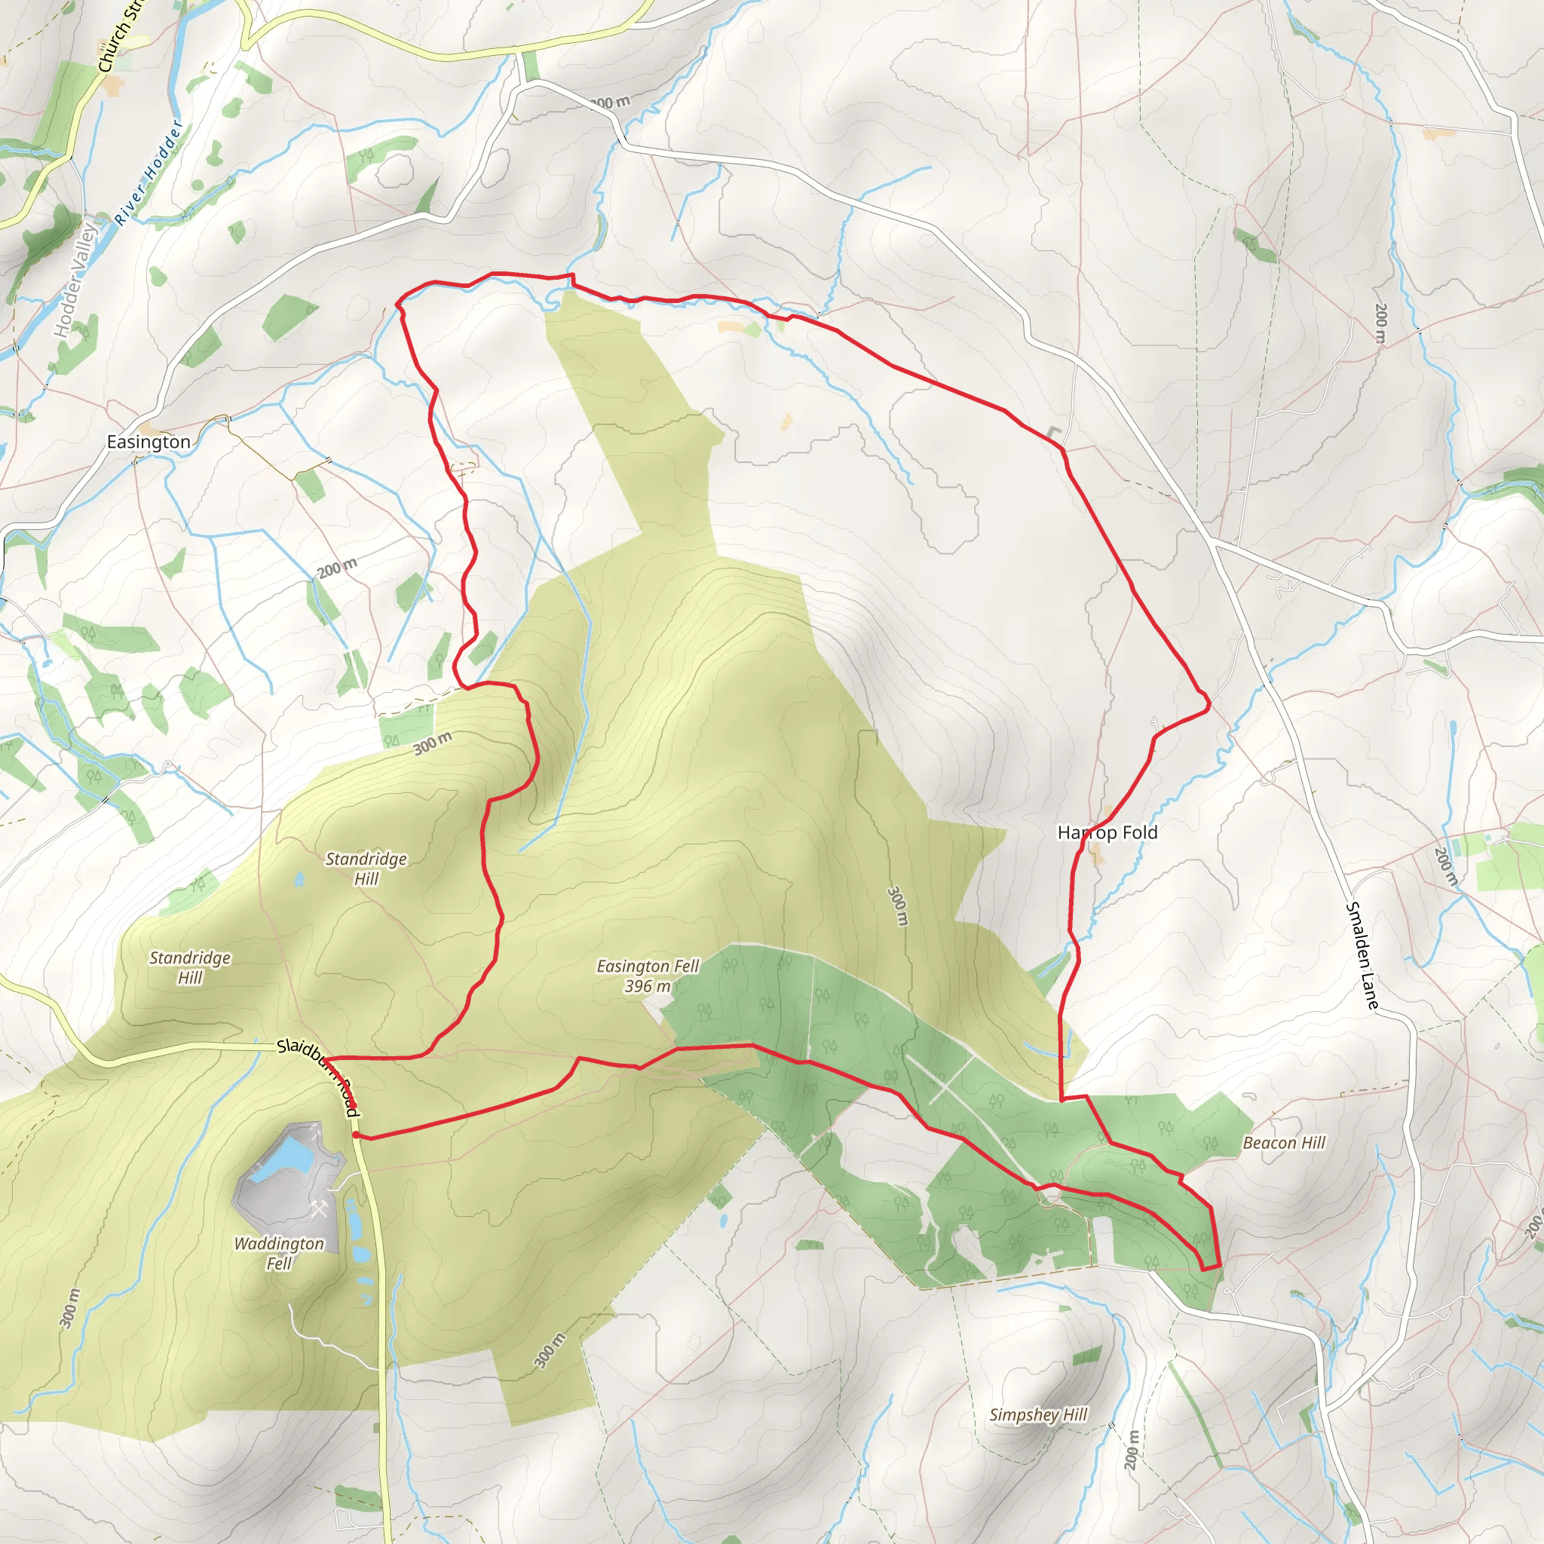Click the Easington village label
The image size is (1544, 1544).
pos(149,442)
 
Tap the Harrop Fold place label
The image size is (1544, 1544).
pos(1107,833)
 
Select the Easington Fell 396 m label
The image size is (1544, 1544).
pos(648,976)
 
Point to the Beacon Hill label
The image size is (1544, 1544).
pos(1283,1143)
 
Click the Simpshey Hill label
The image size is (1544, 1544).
pos(1038,1414)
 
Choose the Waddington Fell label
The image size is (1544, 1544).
pos(279,1253)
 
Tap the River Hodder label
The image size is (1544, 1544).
pos(148,173)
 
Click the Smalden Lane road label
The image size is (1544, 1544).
pos(1362,955)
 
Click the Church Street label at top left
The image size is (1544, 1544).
pos(120,36)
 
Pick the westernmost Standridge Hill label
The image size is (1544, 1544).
pos(190,967)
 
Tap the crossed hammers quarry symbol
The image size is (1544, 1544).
pos(319,1209)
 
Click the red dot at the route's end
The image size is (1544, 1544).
pos(356,1134)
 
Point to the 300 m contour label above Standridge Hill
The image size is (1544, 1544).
pos(432,743)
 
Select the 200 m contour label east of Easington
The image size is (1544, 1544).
pos(336,568)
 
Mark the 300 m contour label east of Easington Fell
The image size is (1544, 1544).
pos(898,905)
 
